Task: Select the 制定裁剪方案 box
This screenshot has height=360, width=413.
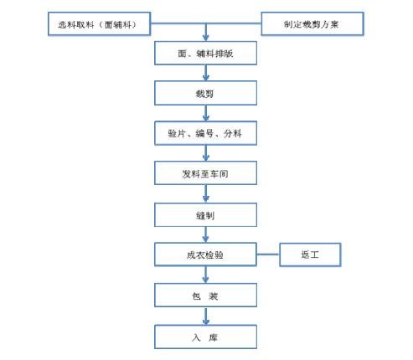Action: coord(312,24)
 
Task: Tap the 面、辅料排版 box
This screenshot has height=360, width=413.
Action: coord(205,54)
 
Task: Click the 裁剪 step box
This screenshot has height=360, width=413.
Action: coord(205,92)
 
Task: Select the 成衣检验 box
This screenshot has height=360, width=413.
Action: coord(205,255)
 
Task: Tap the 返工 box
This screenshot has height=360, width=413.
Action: coord(310,255)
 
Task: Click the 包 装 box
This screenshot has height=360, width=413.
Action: coord(205,296)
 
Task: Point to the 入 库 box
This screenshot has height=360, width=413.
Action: coord(205,337)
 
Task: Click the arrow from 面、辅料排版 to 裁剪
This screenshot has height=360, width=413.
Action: coord(205,73)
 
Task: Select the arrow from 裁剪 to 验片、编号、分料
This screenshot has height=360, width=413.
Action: coord(205,112)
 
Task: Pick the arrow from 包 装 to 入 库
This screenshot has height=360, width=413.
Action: coord(205,316)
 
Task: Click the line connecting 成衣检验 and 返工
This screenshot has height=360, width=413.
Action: coord(267,255)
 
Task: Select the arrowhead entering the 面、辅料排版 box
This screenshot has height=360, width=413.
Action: coord(205,39)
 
